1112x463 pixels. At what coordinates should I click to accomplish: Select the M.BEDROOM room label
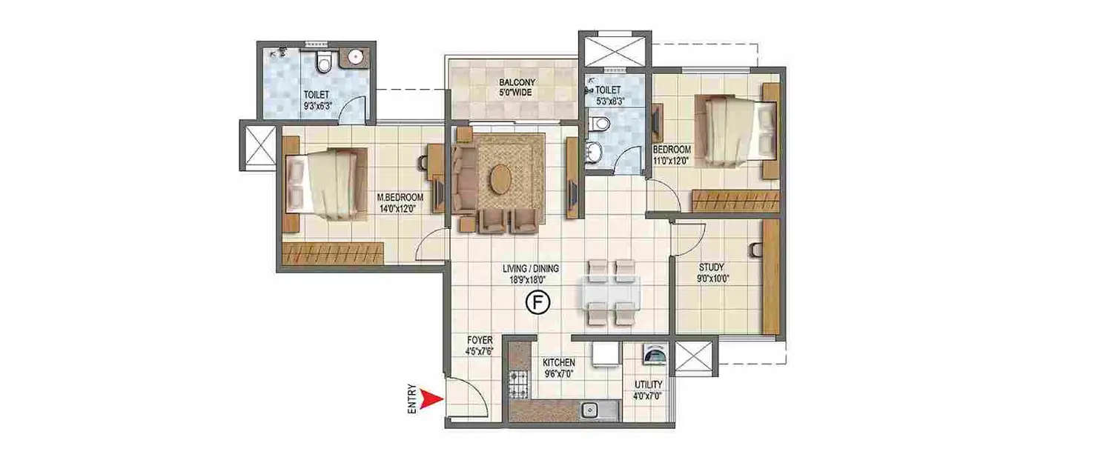[400, 198]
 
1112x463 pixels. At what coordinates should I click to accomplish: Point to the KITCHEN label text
[559, 362]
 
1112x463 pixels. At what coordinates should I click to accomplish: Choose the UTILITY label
[648, 386]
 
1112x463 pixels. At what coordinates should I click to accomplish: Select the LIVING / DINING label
[530, 269]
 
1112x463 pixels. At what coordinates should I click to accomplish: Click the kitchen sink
[591, 408]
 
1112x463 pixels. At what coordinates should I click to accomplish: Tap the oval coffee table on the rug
[501, 179]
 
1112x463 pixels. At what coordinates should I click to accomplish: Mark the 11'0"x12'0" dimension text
[672, 159]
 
